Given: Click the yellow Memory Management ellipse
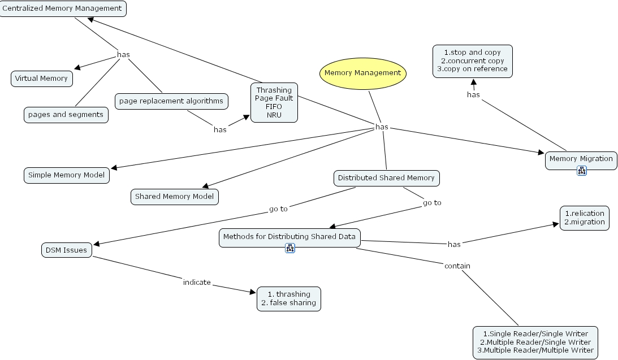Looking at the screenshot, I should tap(362, 73).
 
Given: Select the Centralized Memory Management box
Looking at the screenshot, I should tap(62, 8).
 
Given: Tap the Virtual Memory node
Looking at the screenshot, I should tap(41, 79).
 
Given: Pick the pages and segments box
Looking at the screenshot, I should tap(66, 115).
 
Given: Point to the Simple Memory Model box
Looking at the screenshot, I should tap(67, 175).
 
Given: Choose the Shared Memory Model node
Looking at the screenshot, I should tap(174, 197).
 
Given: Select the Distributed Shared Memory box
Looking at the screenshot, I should tap(386, 178).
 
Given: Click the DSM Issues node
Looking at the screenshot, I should tap(67, 250).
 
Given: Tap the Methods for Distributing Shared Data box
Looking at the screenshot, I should tap(289, 237).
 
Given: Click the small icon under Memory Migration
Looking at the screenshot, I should tap(581, 171).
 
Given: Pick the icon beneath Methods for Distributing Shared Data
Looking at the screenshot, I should tap(290, 248).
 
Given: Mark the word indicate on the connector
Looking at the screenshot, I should tap(197, 282).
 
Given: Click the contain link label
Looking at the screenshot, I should tap(457, 266).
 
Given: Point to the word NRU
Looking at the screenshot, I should tap(274, 115).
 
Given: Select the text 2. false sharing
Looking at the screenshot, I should tap(288, 303).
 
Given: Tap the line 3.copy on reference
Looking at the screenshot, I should tap(472, 69).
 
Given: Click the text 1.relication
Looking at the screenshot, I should tap(584, 214).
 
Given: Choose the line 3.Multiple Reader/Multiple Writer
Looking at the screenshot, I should tap(535, 350).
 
